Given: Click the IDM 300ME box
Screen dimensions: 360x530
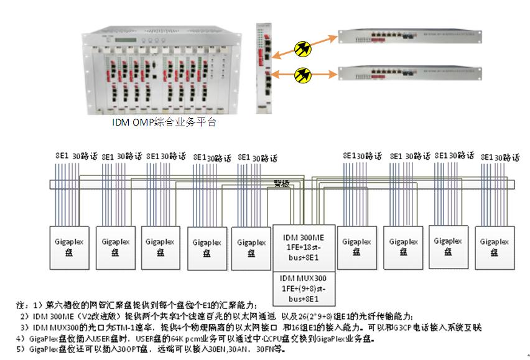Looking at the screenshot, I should pos(304,247).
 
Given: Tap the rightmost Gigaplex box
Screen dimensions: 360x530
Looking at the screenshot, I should pos(495,247).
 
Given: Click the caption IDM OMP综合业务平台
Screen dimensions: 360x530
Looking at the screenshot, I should pos(164,122).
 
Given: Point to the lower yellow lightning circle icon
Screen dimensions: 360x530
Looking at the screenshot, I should pos(303,73).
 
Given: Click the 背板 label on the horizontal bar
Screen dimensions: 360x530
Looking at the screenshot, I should pos(282,183).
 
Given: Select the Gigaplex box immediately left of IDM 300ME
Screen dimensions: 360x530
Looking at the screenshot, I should pos(251,247).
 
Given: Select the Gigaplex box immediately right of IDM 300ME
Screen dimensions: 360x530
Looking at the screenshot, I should pos(356,247).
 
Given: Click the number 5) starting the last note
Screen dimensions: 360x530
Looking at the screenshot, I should pos(21,349).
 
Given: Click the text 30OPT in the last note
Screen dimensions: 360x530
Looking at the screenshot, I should pos(135,349).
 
